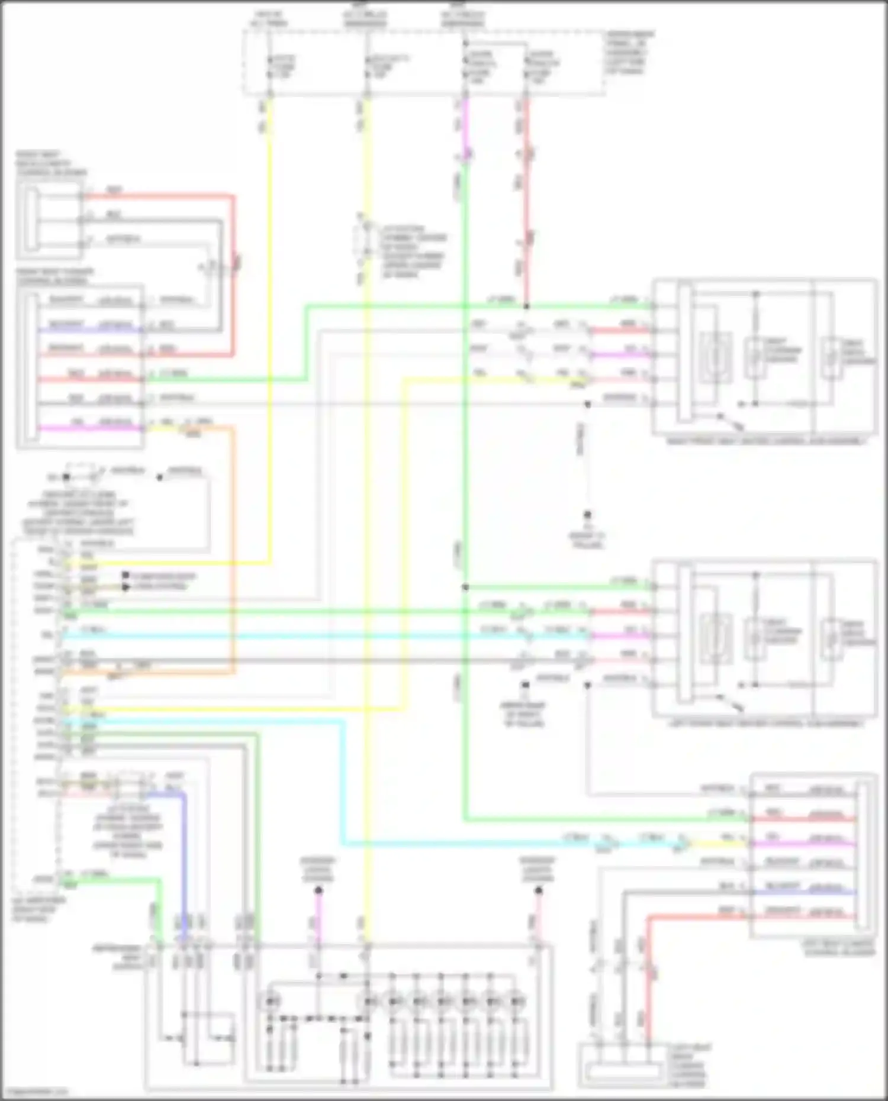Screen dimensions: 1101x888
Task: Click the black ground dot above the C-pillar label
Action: tap(588, 515)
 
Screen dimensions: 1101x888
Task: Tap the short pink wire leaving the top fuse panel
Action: tap(466, 127)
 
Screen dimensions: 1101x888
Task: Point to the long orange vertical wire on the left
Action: tap(233, 550)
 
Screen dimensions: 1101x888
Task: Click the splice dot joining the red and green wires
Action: tap(526, 306)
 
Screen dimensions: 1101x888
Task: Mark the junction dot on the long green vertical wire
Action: tap(465, 587)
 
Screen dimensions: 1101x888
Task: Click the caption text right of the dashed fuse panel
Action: tap(629, 53)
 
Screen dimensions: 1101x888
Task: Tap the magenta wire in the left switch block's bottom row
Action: tap(89, 428)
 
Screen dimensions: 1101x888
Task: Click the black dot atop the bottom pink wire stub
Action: tap(318, 890)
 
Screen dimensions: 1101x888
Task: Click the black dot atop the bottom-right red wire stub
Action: tap(538, 890)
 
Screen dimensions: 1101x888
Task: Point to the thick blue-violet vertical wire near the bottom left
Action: tap(184, 858)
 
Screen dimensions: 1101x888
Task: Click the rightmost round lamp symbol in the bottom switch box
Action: tap(516, 1002)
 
